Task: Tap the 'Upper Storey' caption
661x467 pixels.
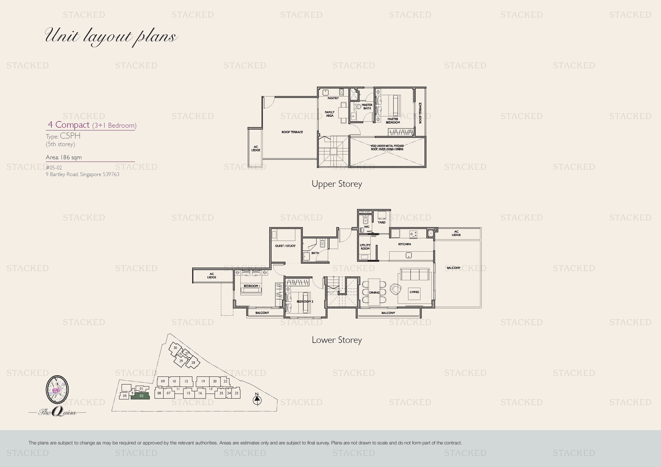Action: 337,184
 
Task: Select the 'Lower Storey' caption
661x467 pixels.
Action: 337,340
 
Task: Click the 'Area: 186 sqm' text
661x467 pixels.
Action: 64,157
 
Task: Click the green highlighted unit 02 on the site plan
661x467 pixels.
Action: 140,396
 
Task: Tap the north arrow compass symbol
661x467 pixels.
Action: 257,399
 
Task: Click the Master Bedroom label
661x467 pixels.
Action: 393,121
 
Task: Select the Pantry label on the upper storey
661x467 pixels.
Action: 333,98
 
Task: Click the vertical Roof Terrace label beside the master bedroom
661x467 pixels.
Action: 420,113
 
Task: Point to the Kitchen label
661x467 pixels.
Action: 405,244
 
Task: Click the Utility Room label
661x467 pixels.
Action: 365,247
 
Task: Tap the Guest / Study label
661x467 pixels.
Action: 285,246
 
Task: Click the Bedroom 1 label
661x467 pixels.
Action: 252,286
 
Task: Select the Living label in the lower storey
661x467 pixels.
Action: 414,292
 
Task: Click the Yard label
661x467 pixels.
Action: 381,222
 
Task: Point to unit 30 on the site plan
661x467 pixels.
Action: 175,348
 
